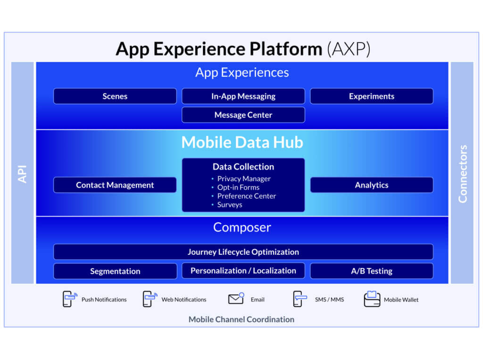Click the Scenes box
115,96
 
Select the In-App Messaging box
243,96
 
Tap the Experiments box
372,96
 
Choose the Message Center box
243,115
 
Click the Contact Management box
115,185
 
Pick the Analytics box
372,185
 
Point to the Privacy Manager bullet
241,179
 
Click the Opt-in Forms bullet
235,187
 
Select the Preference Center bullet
244,196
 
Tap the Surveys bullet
227,205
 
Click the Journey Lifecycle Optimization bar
243,252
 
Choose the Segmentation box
115,271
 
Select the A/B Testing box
372,271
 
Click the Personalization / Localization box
243,271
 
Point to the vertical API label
22,174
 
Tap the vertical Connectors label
462,174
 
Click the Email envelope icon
236,299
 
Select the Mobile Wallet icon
372,299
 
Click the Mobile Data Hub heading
242,142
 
